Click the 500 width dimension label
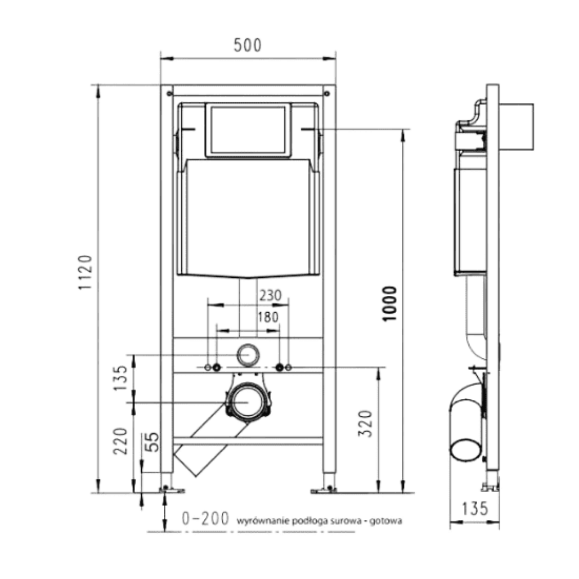[247, 45]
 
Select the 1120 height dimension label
[85, 273]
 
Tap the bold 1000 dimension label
[389, 304]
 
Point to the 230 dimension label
[270, 295]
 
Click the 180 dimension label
[268, 317]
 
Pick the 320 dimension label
[365, 424]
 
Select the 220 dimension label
[120, 441]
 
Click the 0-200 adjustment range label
[206, 518]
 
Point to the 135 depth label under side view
[475, 508]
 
